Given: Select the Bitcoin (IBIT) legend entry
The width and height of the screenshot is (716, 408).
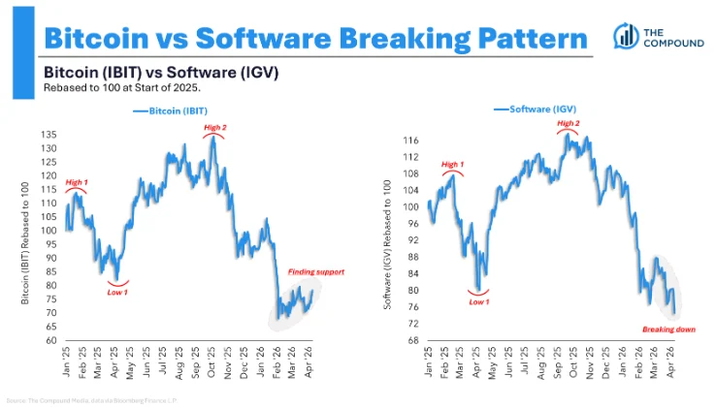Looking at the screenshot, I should (176, 111).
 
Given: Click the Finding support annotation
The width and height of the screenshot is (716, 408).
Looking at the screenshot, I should (316, 272).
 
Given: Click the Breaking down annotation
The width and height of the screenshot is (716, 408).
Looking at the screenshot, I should (666, 330).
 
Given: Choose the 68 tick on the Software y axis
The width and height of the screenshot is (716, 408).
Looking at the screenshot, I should (411, 341).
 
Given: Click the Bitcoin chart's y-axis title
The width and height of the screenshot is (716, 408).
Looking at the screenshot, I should (27, 238).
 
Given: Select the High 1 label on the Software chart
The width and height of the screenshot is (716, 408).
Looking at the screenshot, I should (452, 165).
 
